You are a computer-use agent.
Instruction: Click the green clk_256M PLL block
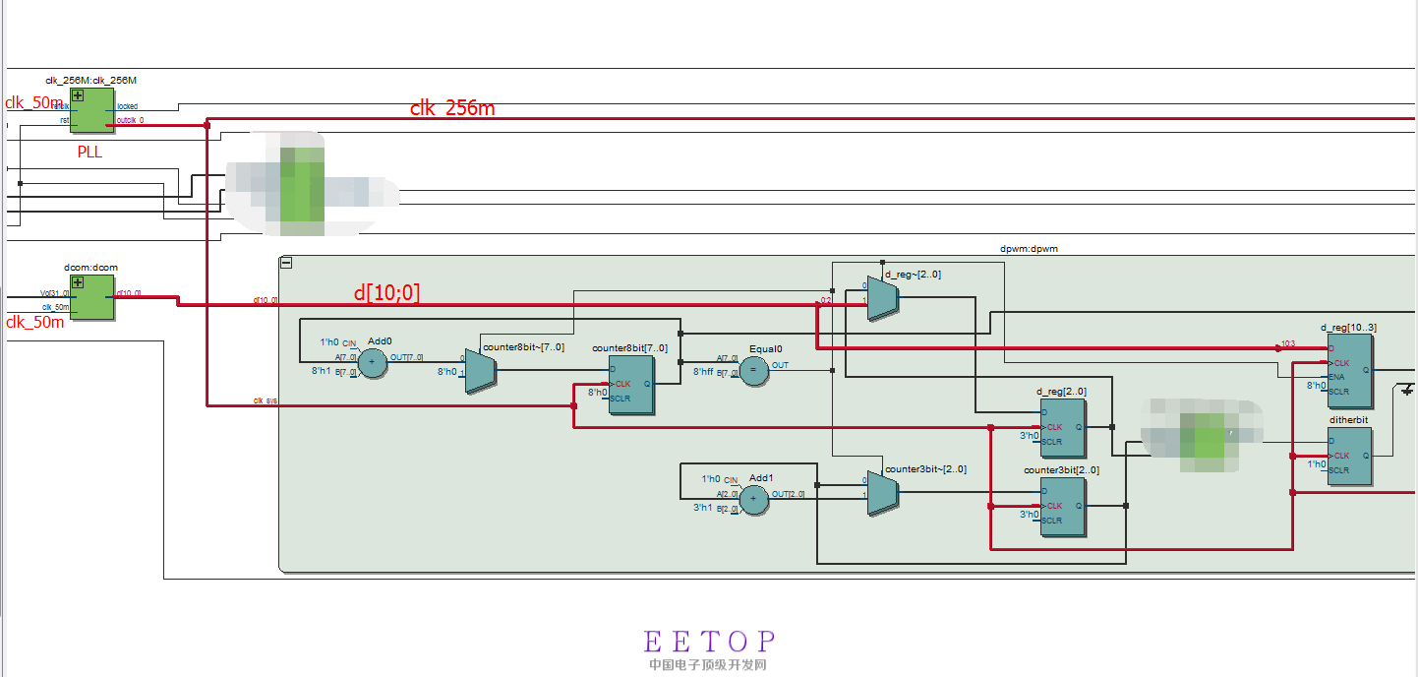pyautogui.click(x=91, y=110)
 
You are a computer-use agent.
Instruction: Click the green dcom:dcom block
pyautogui.click(x=91, y=297)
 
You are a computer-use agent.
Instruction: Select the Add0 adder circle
pyautogui.click(x=372, y=363)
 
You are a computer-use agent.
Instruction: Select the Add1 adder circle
pyautogui.click(x=753, y=500)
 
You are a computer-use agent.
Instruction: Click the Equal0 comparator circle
pyautogui.click(x=754, y=370)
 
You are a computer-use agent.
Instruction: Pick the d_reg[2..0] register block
pyautogui.click(x=1063, y=427)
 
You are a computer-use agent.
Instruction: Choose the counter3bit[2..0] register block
pyautogui.click(x=1063, y=506)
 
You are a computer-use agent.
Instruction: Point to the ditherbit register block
pyautogui.click(x=1349, y=456)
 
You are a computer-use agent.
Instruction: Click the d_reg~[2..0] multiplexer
pyautogui.click(x=882, y=297)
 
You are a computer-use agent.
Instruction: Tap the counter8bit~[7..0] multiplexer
pyautogui.click(x=480, y=371)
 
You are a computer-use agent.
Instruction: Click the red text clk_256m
pyautogui.click(x=452, y=108)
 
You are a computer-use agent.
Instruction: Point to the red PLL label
pyautogui.click(x=90, y=153)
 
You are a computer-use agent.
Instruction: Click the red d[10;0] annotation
pyautogui.click(x=386, y=292)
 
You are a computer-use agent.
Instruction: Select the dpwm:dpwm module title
pyautogui.click(x=1029, y=249)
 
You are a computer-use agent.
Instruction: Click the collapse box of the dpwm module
pyautogui.click(x=286, y=263)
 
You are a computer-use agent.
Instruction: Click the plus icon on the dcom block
pyautogui.click(x=78, y=282)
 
